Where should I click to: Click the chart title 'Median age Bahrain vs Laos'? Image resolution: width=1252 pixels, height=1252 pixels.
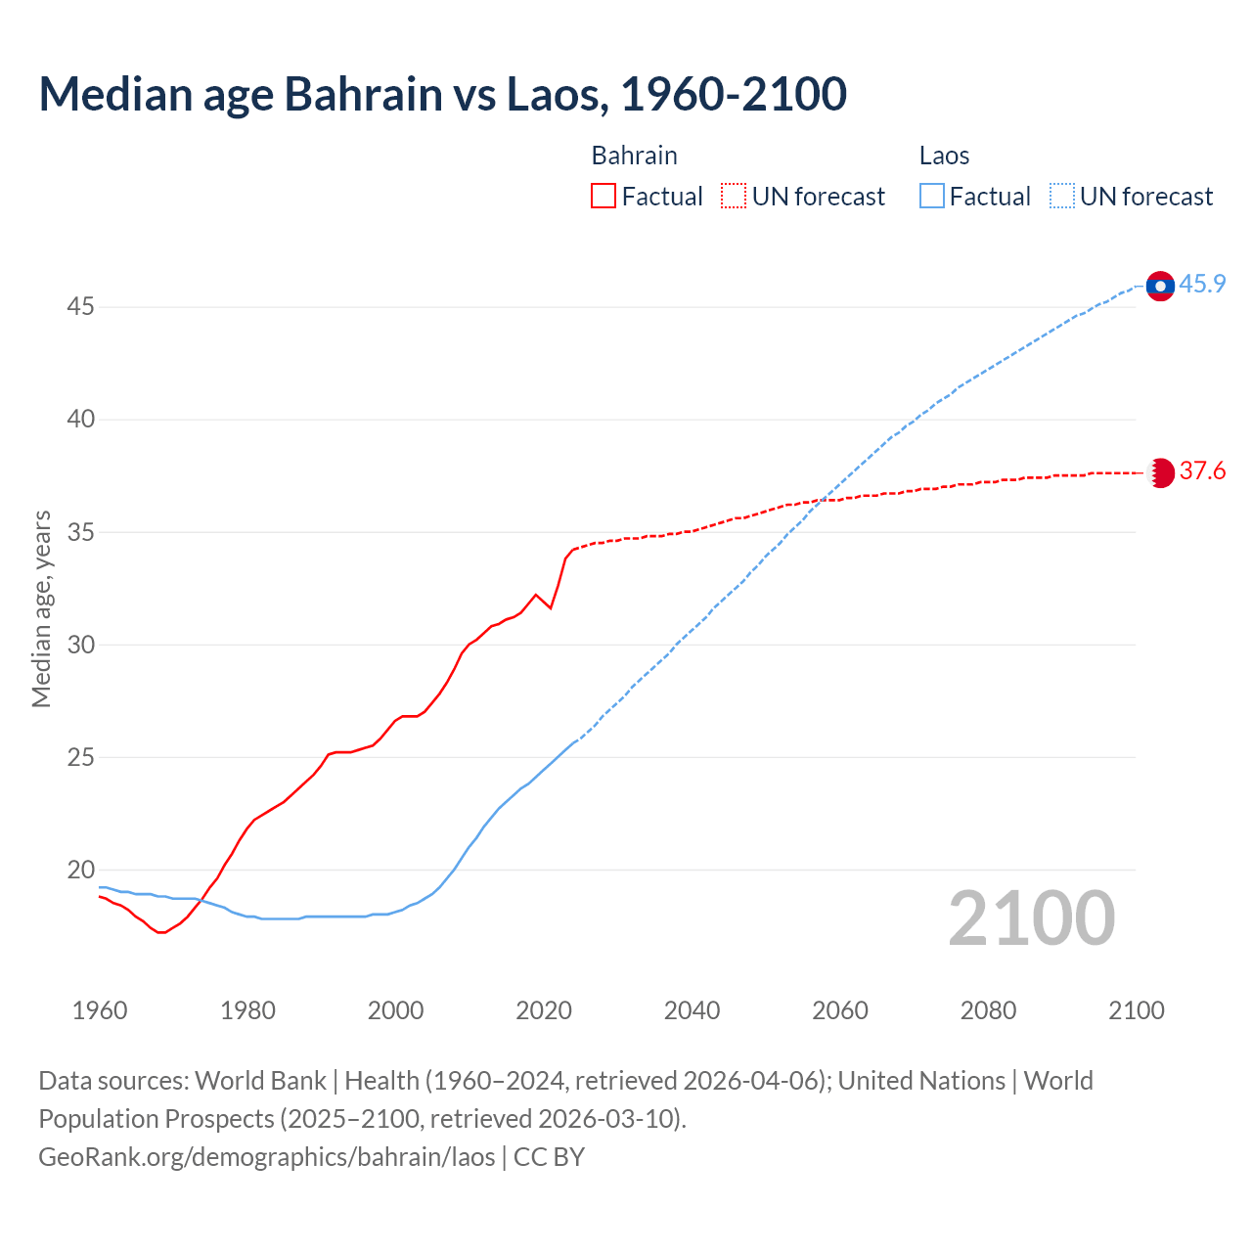[442, 94]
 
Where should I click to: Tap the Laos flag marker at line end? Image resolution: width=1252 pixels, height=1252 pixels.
[1160, 286]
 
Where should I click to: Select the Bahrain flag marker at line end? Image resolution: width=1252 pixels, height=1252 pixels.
[1160, 472]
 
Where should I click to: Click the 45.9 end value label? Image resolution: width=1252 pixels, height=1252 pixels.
[1202, 285]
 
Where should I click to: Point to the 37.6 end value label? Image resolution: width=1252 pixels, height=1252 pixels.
[1202, 471]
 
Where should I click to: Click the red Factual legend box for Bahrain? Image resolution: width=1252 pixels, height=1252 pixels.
[604, 197]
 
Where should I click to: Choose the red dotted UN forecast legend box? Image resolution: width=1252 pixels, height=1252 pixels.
[734, 197]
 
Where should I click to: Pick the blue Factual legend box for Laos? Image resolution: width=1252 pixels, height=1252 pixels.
[931, 197]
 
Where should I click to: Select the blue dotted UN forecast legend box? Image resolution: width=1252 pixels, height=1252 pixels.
[1061, 197]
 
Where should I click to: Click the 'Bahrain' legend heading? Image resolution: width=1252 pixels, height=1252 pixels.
[634, 156]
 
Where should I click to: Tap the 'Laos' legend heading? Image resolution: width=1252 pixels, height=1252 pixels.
[944, 156]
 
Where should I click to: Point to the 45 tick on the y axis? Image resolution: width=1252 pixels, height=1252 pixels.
[80, 307]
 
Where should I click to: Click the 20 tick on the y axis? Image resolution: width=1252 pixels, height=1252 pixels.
[80, 870]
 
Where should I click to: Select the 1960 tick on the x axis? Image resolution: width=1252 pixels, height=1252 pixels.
[100, 1010]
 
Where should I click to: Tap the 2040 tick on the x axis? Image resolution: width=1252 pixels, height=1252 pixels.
[692, 1010]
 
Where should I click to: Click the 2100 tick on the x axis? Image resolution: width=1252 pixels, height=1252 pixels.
[1136, 1010]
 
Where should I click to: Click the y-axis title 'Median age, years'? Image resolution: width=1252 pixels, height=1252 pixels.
[41, 608]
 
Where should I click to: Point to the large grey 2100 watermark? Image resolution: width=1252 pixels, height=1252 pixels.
[1031, 918]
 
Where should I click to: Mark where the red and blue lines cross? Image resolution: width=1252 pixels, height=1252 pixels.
[825, 500]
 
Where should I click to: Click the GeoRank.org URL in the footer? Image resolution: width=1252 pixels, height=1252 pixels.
[266, 1157]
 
